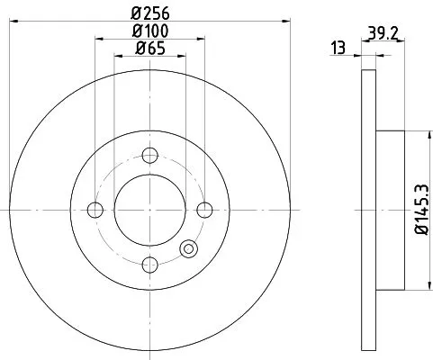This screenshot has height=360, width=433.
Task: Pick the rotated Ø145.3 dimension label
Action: click(x=419, y=209)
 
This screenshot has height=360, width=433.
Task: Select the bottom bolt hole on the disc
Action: click(x=149, y=264)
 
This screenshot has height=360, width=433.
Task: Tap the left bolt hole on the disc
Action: click(x=95, y=210)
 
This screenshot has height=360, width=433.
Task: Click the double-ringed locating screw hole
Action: click(x=189, y=249)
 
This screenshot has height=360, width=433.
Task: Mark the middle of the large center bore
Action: click(x=149, y=210)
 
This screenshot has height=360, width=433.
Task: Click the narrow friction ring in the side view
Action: click(x=366, y=209)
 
